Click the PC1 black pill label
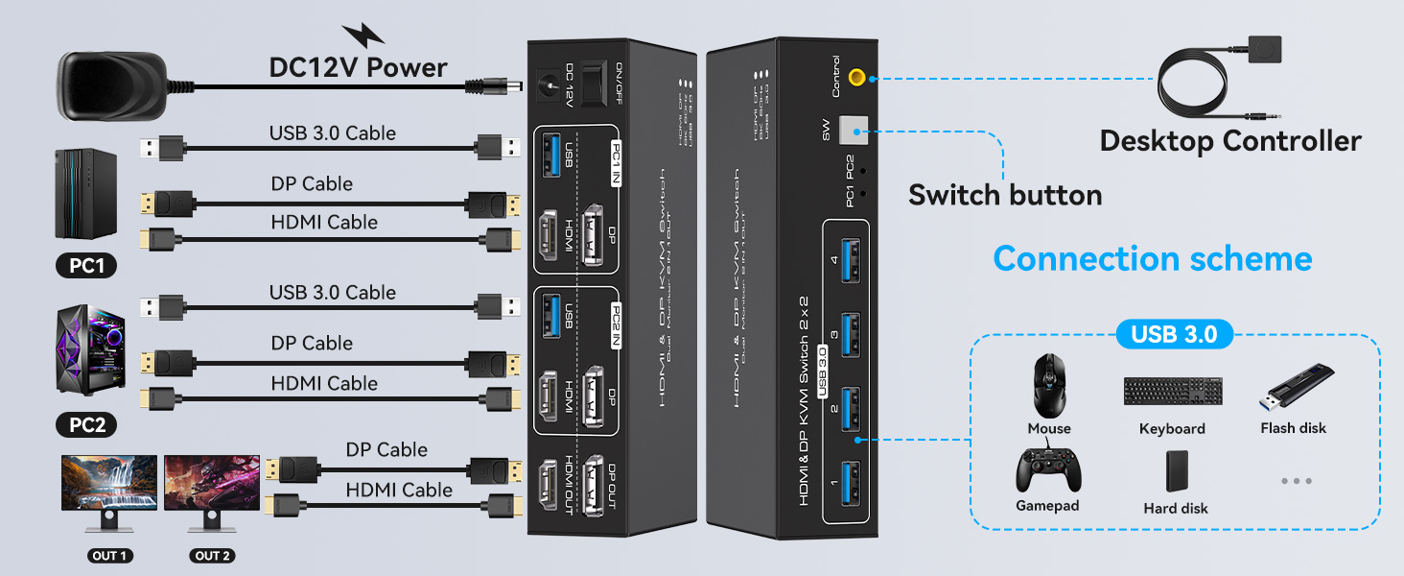pos(86,265)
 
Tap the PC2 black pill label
pos(86,424)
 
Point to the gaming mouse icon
pos(1050,386)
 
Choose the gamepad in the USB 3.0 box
pos(1048,470)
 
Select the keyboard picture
pos(1173,391)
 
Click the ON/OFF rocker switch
pos(597,81)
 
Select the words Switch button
pos(1005,195)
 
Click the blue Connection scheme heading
pos(1152,258)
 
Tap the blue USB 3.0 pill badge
pos(1174,334)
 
